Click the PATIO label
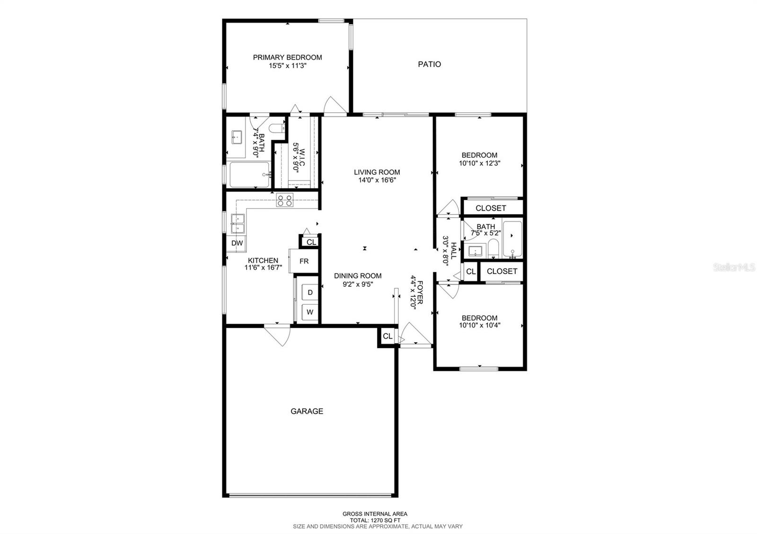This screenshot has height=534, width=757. click(x=429, y=64)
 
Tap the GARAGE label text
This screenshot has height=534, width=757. click(x=307, y=411)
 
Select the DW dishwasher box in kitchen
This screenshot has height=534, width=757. click(x=237, y=243)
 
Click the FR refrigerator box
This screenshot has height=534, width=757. click(x=304, y=261)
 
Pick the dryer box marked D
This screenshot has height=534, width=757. click(x=310, y=293)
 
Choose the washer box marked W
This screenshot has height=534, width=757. click(x=310, y=312)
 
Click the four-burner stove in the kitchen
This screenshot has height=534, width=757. click(x=285, y=201)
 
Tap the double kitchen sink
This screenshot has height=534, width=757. click(x=238, y=224)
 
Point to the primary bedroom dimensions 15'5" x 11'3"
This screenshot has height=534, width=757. click(x=288, y=66)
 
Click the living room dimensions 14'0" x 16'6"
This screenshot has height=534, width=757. click(x=377, y=180)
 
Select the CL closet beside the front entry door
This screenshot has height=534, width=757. click(x=387, y=336)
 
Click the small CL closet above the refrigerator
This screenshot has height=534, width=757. click(x=311, y=242)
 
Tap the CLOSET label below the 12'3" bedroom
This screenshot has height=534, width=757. click(x=491, y=208)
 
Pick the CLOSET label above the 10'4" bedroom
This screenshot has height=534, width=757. click(x=502, y=271)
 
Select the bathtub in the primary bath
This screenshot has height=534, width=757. click(x=249, y=175)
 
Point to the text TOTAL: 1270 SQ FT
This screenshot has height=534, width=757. click(x=375, y=520)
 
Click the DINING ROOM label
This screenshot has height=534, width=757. click(x=358, y=276)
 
